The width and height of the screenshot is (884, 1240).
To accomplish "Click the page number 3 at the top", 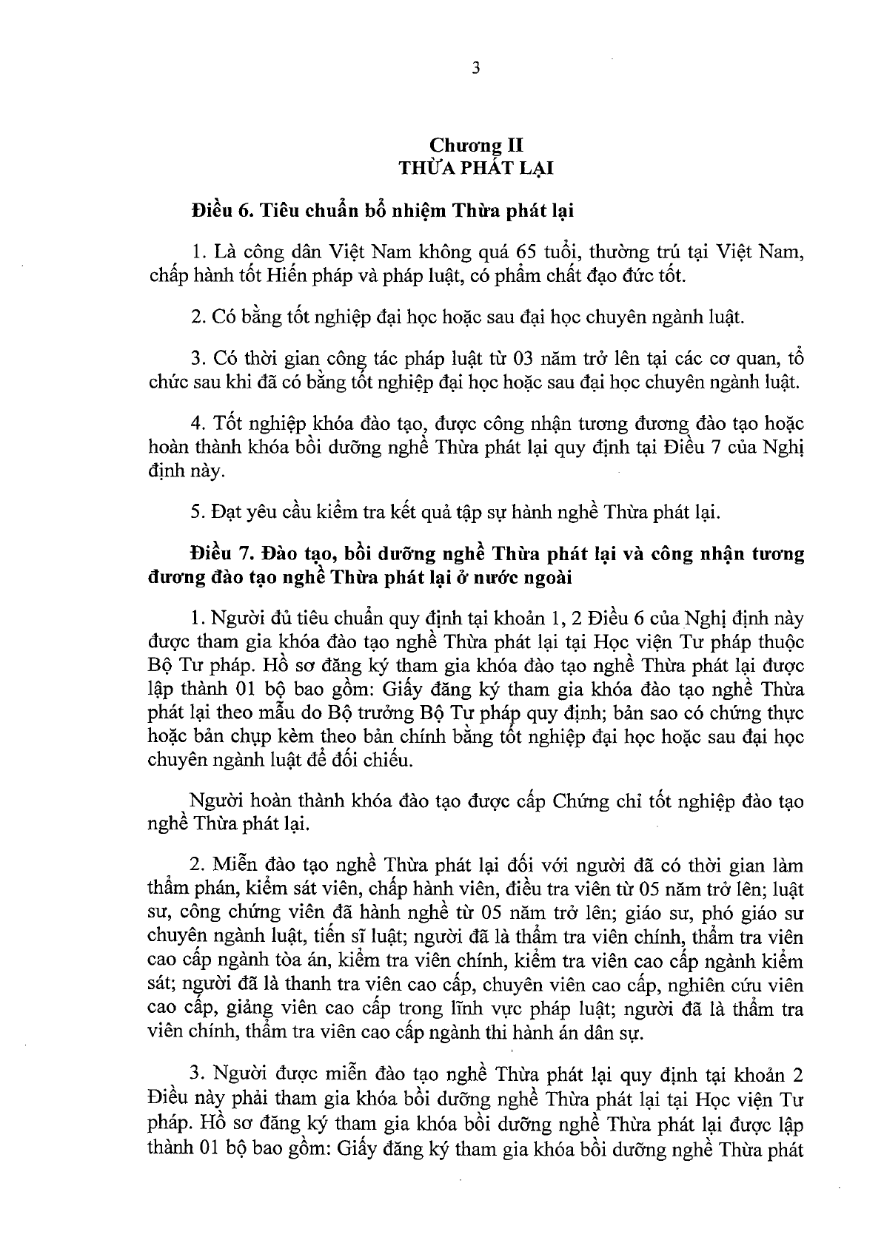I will tap(475, 68).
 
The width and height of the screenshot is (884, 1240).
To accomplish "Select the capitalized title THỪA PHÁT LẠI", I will tap(476, 168).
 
